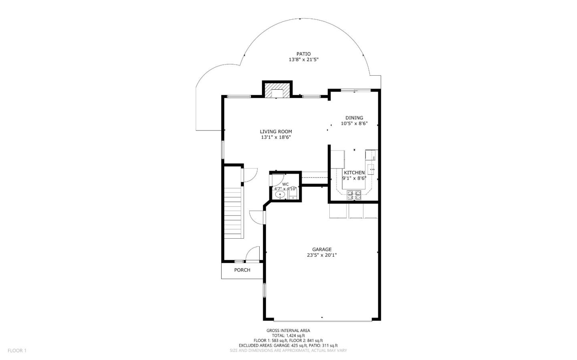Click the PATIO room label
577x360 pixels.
pyautogui.click(x=303, y=54)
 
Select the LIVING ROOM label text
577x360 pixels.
pyautogui.click(x=276, y=131)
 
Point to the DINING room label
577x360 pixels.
pyautogui.click(x=354, y=118)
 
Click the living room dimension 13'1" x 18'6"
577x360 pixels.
pyautogui.click(x=276, y=137)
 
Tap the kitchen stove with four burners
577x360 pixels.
pyautogui.click(x=354, y=195)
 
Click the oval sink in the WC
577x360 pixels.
pyautogui.click(x=280, y=195)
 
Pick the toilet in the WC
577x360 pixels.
pyautogui.click(x=293, y=195)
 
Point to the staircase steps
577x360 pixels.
pyautogui.click(x=233, y=214)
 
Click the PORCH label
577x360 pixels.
pyautogui.click(x=242, y=270)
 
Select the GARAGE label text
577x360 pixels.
pyautogui.click(x=322, y=249)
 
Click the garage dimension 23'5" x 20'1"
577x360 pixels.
pyautogui.click(x=322, y=255)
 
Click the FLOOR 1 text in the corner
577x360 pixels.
pyautogui.click(x=17, y=350)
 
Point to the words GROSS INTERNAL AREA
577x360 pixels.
pyautogui.click(x=288, y=330)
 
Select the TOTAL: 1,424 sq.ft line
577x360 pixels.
pyautogui.click(x=288, y=336)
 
